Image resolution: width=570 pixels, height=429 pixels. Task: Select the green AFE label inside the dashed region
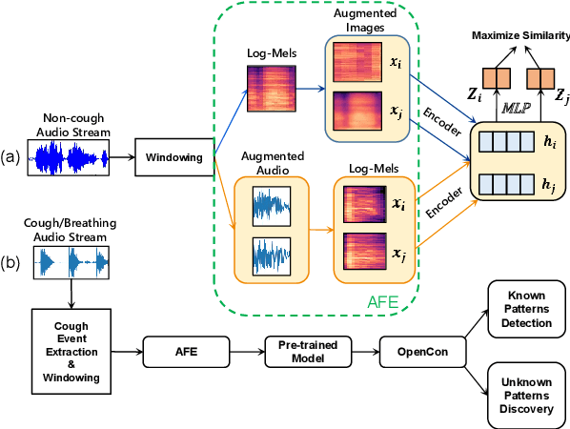(x=384, y=300)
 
